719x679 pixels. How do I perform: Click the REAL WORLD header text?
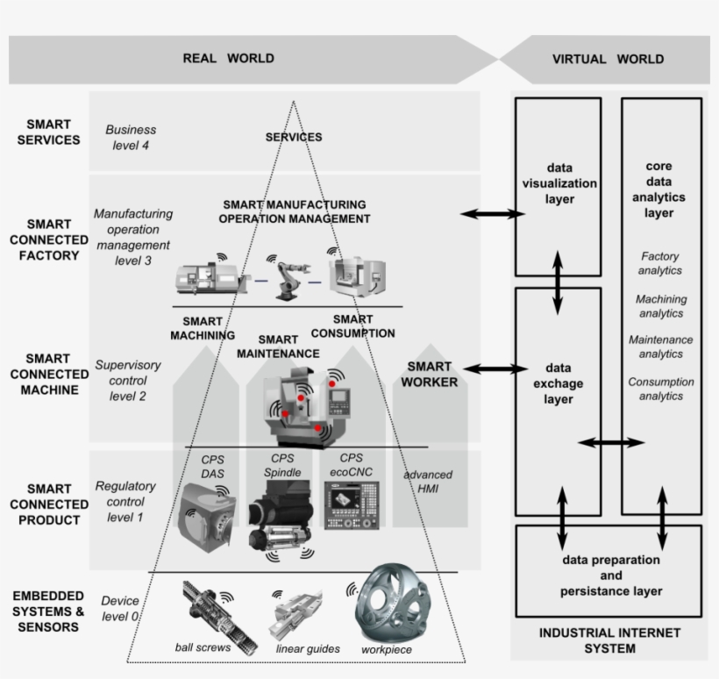(228, 59)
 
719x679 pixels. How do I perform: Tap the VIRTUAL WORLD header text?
(608, 60)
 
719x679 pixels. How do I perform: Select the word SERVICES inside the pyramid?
(293, 137)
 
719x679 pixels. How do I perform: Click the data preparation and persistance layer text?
(611, 575)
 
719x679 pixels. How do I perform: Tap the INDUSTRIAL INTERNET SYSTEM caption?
(609, 640)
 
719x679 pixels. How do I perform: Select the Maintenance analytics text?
(660, 347)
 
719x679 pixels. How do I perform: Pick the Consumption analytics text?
(660, 389)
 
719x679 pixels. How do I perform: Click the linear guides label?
(308, 649)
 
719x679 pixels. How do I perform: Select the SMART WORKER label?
(429, 375)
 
